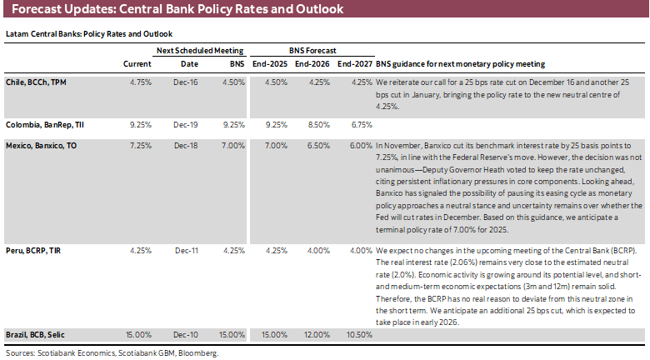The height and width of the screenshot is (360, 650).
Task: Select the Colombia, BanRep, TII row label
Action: pyautogui.click(x=44, y=124)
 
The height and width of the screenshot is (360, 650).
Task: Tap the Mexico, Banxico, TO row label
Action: pyautogui.click(x=42, y=145)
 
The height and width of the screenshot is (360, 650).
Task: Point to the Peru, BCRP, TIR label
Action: pyautogui.click(x=35, y=250)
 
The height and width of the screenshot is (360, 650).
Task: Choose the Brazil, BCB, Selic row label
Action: pyautogui.click(x=36, y=334)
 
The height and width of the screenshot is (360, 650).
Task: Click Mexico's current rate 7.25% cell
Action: pyautogui.click(x=138, y=145)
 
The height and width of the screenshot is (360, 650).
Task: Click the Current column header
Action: pyautogui.click(x=137, y=63)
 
